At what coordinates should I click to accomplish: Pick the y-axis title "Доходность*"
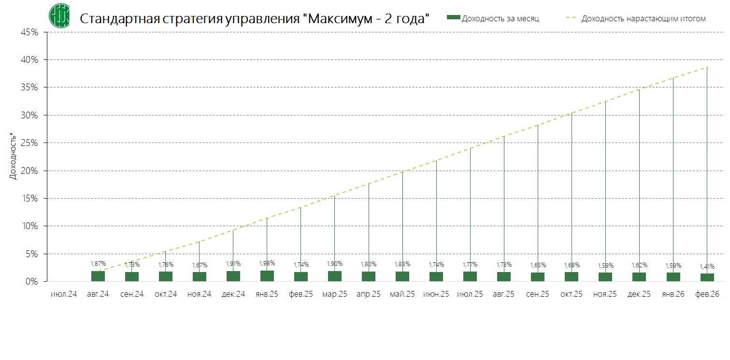coord(14,157)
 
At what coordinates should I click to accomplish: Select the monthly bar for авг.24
coord(98,276)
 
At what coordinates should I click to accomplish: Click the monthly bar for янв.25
coord(267,276)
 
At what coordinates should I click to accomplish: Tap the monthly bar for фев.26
coord(707,277)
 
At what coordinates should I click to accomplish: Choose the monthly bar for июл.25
coord(470,276)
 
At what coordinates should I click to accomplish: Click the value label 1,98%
coord(267,263)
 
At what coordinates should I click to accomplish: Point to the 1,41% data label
coord(707,266)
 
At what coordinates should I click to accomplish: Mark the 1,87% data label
coord(98,264)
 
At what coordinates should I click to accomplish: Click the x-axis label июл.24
coord(64,294)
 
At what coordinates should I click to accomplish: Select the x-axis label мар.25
coord(334,294)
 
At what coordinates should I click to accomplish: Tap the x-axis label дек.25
coord(639,294)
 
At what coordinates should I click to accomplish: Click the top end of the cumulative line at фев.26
coord(707,67)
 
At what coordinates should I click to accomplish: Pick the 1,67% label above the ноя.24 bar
coord(200,265)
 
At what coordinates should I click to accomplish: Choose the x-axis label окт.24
coord(166,294)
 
